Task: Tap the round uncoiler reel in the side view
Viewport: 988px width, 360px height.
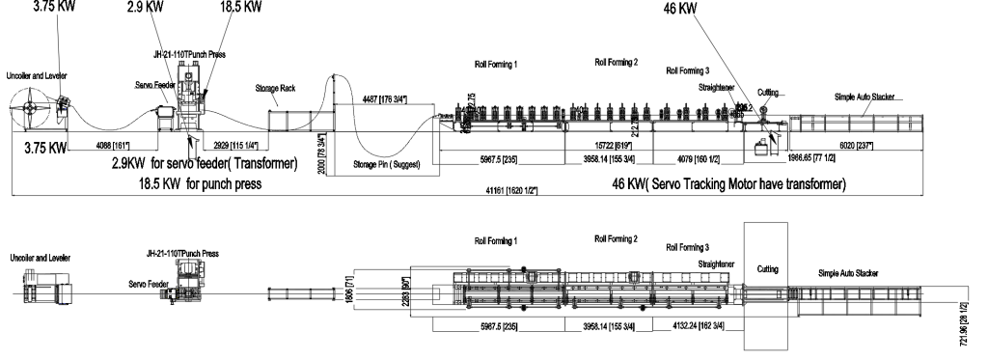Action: coord(34,101)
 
